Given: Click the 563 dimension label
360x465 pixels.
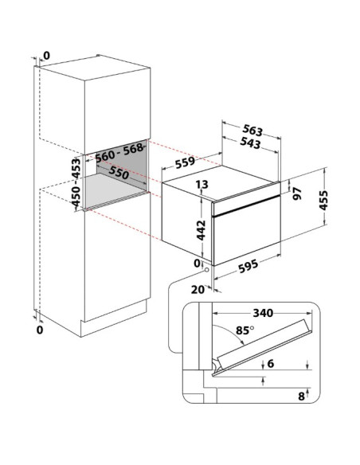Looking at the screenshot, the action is pyautogui.click(x=252, y=131).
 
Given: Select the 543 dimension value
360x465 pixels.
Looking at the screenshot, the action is pyautogui.click(x=250, y=143).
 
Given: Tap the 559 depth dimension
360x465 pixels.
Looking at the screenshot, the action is pyautogui.click(x=185, y=162).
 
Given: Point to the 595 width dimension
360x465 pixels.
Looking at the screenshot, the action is pyautogui.click(x=248, y=266).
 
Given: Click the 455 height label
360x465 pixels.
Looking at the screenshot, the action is pyautogui.click(x=323, y=200).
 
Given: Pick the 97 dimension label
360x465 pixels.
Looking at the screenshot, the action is pyautogui.click(x=297, y=193).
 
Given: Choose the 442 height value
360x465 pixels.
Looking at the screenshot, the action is pyautogui.click(x=201, y=230).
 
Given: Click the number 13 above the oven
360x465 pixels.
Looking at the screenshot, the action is pyautogui.click(x=202, y=185).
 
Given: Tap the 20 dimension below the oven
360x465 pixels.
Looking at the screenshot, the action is pyautogui.click(x=198, y=290).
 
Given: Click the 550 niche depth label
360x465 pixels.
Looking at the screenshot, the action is pyautogui.click(x=119, y=172).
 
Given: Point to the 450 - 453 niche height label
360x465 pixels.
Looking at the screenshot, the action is pyautogui.click(x=76, y=182).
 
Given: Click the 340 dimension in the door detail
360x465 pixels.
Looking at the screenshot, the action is pyautogui.click(x=263, y=313).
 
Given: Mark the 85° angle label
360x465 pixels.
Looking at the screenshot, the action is pyautogui.click(x=245, y=330).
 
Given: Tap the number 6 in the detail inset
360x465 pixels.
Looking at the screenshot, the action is pyautogui.click(x=271, y=364).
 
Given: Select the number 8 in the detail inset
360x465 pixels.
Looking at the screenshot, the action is pyautogui.click(x=301, y=397).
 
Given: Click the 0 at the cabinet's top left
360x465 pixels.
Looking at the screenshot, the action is pyautogui.click(x=46, y=56).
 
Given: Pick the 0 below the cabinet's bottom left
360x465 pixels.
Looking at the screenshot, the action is pyautogui.click(x=40, y=330).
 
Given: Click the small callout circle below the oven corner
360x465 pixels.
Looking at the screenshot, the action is pyautogui.click(x=206, y=270).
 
